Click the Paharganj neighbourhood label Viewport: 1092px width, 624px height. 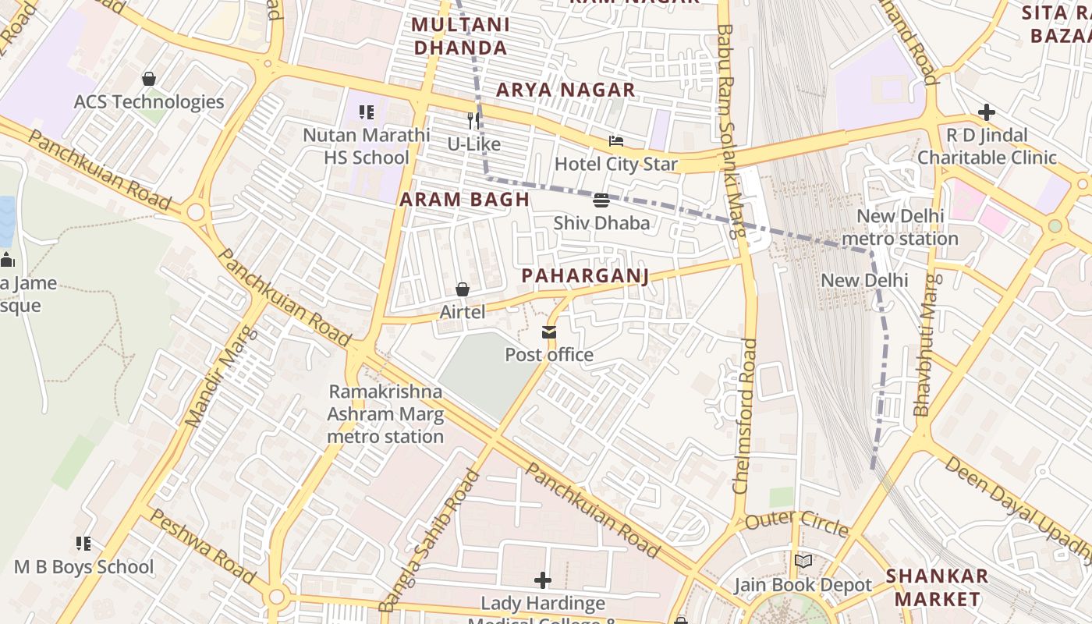(585, 276)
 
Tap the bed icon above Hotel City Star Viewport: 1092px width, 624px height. (616, 141)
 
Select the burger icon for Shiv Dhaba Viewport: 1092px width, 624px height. (601, 200)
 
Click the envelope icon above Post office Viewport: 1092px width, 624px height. (549, 333)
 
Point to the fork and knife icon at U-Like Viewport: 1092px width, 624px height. (473, 121)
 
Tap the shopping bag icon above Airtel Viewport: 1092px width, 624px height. (463, 290)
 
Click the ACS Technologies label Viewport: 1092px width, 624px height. (148, 102)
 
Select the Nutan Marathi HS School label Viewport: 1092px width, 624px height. (366, 146)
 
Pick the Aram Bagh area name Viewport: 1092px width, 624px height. (465, 200)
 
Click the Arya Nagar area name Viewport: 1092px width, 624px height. (565, 90)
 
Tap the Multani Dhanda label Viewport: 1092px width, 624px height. (460, 36)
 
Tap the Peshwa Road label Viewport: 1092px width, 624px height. (202, 546)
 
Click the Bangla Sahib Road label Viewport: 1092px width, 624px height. (430, 540)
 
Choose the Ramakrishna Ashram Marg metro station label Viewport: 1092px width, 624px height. (385, 414)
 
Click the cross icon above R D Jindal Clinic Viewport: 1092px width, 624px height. (987, 112)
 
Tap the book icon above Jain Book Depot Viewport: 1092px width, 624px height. (803, 562)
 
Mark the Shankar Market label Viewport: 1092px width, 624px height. (937, 587)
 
